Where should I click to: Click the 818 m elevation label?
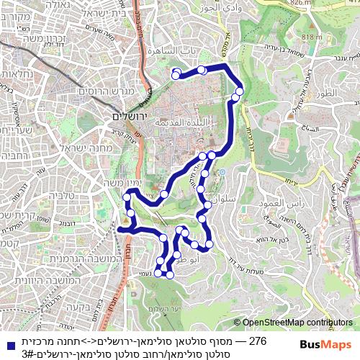pos(312,37)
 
